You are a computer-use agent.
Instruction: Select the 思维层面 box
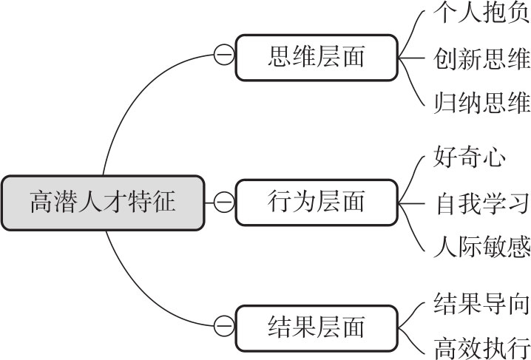316,56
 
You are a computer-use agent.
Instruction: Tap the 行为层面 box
316,202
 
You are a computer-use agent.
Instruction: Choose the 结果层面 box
316,325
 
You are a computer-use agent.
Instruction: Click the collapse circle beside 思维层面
222,56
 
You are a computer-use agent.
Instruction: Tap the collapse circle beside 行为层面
222,202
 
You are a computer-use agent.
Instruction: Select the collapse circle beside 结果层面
222,325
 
